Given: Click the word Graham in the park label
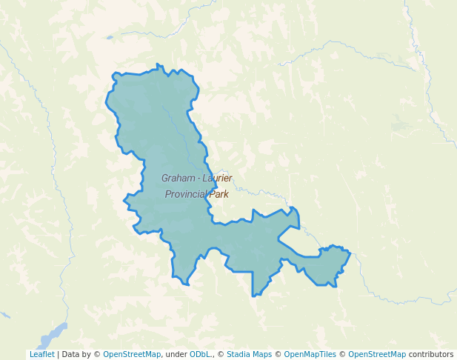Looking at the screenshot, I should (x=177, y=179).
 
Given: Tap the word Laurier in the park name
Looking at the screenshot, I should (x=215, y=179).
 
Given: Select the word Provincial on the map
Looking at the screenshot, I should (x=186, y=194).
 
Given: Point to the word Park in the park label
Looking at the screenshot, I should (x=219, y=194).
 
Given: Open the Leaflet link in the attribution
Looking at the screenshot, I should (x=41, y=355).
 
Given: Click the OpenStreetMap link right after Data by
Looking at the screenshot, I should (x=132, y=355).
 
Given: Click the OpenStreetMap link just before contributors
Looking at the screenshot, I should (x=377, y=355).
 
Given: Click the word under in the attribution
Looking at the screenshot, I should (x=176, y=355).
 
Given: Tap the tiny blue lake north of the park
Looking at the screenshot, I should (x=110, y=37).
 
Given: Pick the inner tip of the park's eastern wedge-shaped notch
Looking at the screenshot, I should (x=278, y=239).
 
